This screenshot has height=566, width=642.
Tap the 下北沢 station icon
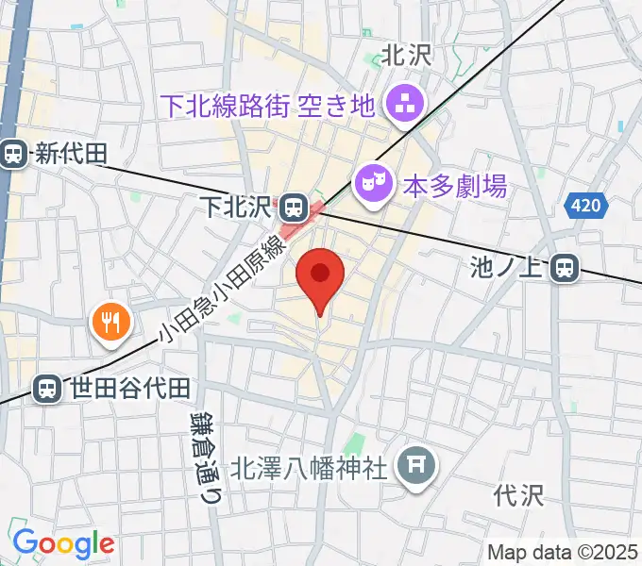coord(294,203)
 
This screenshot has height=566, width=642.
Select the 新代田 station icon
coord(14,153)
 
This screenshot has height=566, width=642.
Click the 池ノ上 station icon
coord(566,269)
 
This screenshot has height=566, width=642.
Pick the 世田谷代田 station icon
coord(46,387)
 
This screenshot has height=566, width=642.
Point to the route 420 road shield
coord(584,206)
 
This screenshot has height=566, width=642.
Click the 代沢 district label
coord(519,493)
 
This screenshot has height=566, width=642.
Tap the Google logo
coord(63,543)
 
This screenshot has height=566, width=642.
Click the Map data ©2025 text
coord(564,552)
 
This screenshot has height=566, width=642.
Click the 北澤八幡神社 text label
coord(311,466)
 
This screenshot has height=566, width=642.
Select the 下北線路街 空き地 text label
coord(269,104)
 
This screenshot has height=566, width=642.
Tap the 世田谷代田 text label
coord(131,387)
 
